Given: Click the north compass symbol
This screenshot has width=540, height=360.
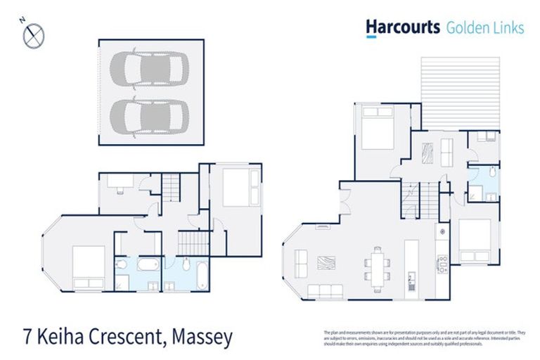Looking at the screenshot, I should point(33,35).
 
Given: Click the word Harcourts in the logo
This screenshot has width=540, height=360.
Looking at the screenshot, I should point(402,27).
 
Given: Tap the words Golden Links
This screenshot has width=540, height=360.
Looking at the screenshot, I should point(485,28).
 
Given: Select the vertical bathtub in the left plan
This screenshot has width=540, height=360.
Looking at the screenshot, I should point(200,275).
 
